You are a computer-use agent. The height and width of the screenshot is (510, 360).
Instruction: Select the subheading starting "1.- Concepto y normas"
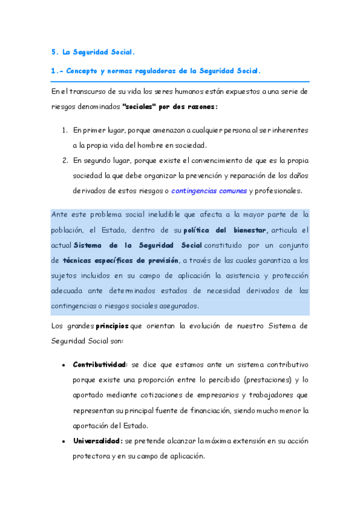tap(156, 70)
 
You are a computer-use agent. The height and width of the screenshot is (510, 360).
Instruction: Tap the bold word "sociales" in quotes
tap(138, 106)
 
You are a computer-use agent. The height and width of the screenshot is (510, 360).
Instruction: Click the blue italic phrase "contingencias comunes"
tap(208, 191)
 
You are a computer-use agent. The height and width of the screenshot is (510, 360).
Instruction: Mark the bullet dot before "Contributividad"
tap(64, 365)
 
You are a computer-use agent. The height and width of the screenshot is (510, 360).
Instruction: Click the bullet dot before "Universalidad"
tap(64, 441)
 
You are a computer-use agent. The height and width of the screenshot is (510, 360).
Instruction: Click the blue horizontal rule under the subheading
tap(180, 81)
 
